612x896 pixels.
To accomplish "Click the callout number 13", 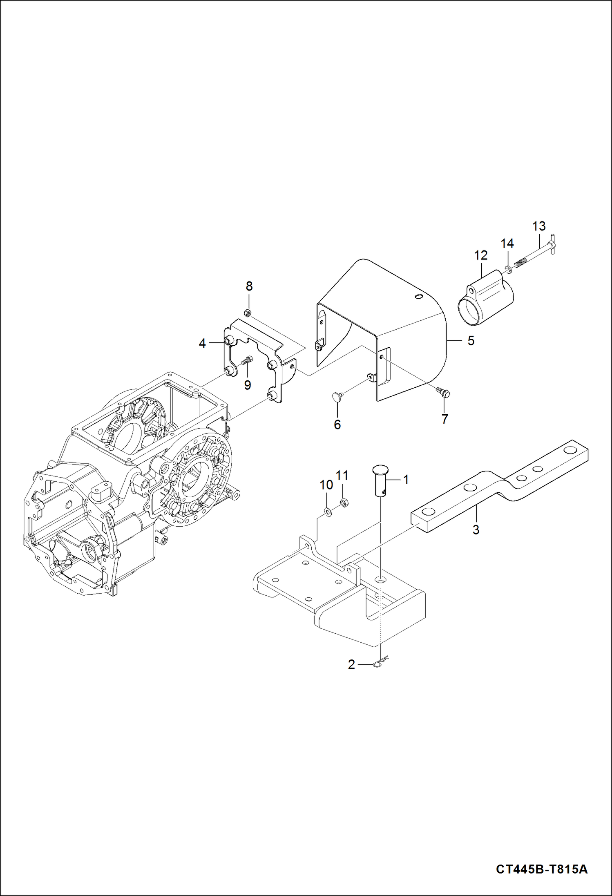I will (x=539, y=226).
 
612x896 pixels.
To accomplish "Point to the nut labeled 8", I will (x=247, y=313).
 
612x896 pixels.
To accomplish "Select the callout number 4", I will (x=202, y=344).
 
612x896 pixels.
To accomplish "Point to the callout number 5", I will (x=471, y=341).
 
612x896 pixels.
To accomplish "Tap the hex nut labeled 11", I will (x=344, y=503).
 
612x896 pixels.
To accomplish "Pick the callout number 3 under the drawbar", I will (x=476, y=530).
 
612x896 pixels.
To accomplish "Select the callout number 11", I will (x=342, y=476).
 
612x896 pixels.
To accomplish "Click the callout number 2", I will (x=352, y=665).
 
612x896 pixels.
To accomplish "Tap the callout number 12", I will (x=481, y=255).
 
